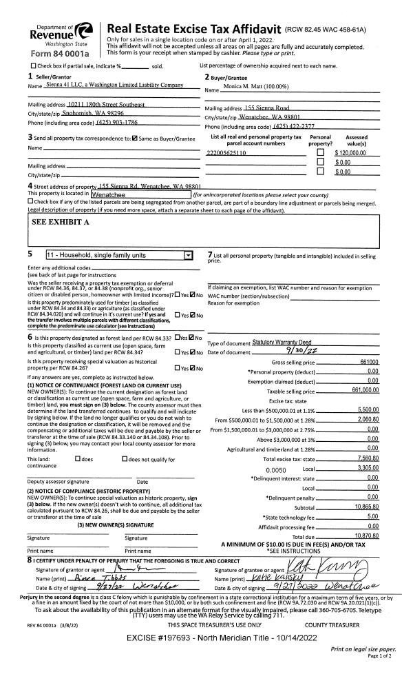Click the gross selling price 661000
click(x=369, y=362)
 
